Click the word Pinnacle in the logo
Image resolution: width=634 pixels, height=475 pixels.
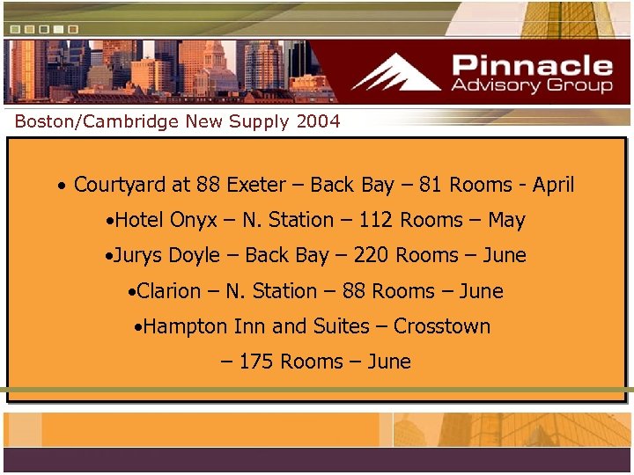533,65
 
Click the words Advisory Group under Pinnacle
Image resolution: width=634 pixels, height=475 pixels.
532,85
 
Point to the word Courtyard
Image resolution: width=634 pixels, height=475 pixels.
119,185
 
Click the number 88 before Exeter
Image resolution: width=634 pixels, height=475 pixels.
209,185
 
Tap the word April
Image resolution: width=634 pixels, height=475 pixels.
554,185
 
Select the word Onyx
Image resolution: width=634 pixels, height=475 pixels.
193,220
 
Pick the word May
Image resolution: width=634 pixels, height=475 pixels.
506,220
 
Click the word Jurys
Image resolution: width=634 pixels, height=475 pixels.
138,255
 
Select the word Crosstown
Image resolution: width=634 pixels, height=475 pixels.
442,326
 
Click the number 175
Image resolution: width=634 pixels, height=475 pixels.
255,362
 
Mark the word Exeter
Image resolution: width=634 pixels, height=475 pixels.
256,185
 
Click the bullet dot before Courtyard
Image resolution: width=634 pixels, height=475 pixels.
61,187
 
